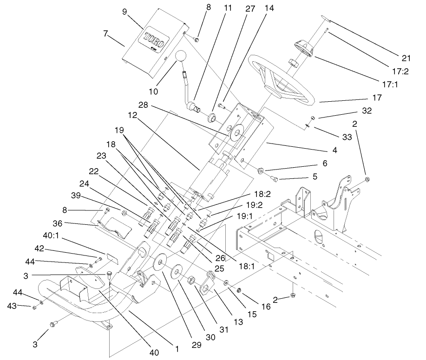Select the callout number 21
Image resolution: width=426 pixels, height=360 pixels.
pos(406,58)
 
